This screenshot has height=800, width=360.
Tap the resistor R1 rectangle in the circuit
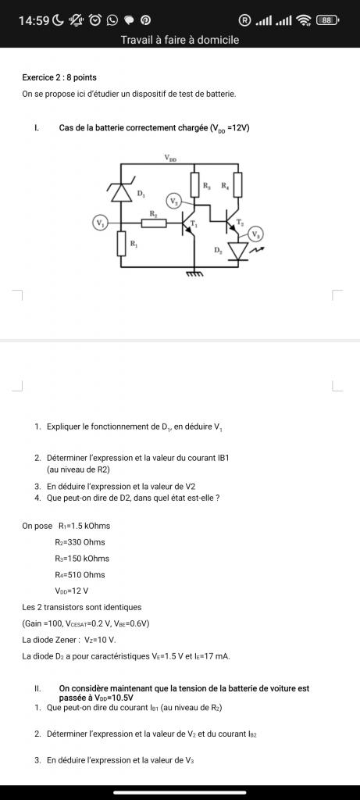[x=121, y=243]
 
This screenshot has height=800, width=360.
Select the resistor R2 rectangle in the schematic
[x=154, y=223]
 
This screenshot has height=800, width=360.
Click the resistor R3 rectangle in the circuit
[x=194, y=184]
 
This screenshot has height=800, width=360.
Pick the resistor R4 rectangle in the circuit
[x=238, y=184]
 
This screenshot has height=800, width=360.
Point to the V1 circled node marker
[x=99, y=223]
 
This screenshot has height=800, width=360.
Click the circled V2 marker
[x=174, y=201]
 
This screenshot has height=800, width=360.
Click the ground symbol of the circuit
[x=194, y=273]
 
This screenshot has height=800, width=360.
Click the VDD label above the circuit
[x=171, y=159]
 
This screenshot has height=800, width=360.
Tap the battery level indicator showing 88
[x=327, y=20]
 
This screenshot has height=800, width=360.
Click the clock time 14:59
[x=34, y=20]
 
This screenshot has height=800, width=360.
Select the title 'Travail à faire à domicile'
[x=180, y=39]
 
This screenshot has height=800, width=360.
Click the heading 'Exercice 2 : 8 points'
[x=59, y=77]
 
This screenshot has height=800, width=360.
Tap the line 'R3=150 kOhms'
[x=81, y=558]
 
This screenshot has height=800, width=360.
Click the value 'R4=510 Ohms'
[x=80, y=574]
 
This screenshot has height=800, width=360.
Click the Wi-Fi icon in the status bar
[x=304, y=20]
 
